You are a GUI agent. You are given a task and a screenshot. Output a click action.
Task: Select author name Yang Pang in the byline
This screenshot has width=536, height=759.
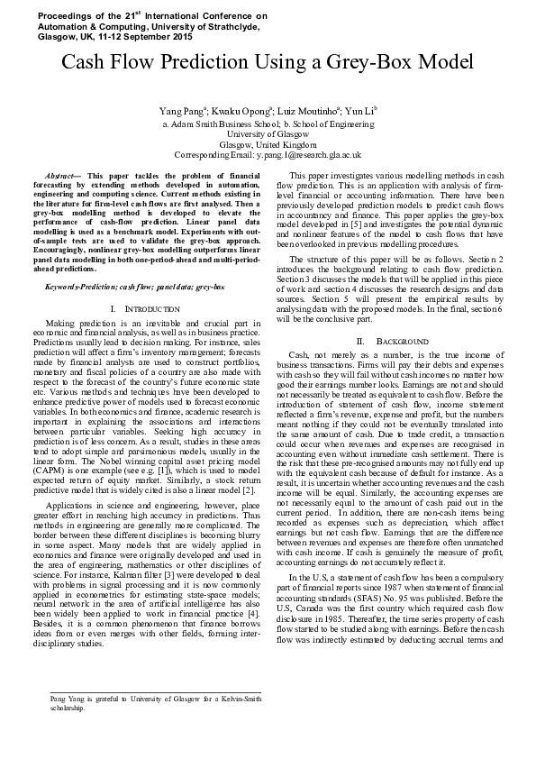click(x=179, y=109)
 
